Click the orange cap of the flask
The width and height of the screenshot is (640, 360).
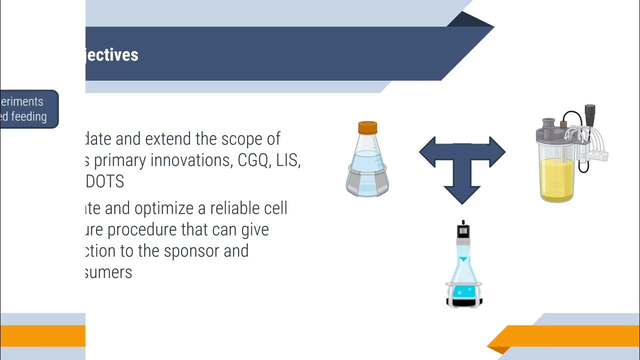point(367,127)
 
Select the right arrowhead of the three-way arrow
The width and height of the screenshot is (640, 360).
point(496,152)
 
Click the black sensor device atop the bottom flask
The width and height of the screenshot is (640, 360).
point(463,230)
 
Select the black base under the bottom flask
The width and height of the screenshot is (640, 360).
point(464,302)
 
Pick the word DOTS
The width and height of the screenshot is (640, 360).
point(104,181)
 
